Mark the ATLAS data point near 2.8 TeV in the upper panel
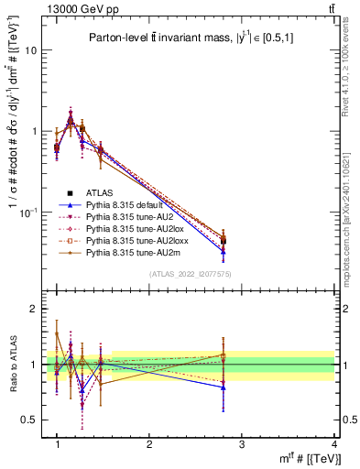[x=224, y=241]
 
